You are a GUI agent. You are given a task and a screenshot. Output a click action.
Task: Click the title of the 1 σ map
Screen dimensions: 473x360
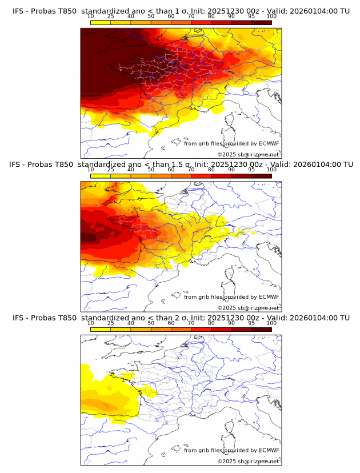pos(181,11)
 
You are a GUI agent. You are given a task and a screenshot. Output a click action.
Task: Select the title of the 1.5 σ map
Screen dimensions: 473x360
pos(181,164)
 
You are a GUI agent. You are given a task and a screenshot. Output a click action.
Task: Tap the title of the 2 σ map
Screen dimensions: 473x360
pos(181,318)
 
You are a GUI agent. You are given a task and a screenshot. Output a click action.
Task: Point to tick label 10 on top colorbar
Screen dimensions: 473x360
pos(91,17)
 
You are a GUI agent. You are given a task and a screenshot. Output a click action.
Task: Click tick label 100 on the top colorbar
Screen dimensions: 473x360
pos(271,17)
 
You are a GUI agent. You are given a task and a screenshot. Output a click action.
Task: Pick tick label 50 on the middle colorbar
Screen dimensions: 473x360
pos(151,170)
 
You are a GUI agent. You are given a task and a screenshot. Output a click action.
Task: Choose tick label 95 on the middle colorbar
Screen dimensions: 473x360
pos(251,170)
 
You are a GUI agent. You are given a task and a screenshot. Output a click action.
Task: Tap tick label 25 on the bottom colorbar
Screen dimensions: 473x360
pos(111,323)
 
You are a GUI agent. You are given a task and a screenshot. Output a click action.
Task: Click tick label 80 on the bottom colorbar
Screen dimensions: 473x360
pos(211,323)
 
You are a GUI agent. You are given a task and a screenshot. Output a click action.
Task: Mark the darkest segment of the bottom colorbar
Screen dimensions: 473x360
pos(261,329)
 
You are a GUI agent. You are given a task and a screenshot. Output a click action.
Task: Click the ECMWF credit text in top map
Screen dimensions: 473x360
pos(231,144)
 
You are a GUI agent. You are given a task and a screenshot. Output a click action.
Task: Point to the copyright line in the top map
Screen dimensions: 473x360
pos(248,154)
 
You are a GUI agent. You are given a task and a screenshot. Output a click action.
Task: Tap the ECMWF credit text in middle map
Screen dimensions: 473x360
pos(231,297)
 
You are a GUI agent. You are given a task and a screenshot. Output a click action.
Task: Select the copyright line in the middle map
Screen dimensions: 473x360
pos(248,307)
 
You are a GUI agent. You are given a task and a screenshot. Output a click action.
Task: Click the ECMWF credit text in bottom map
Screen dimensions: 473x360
pos(231,450)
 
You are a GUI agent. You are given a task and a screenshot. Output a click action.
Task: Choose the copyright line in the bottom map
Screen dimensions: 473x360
pos(248,461)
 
